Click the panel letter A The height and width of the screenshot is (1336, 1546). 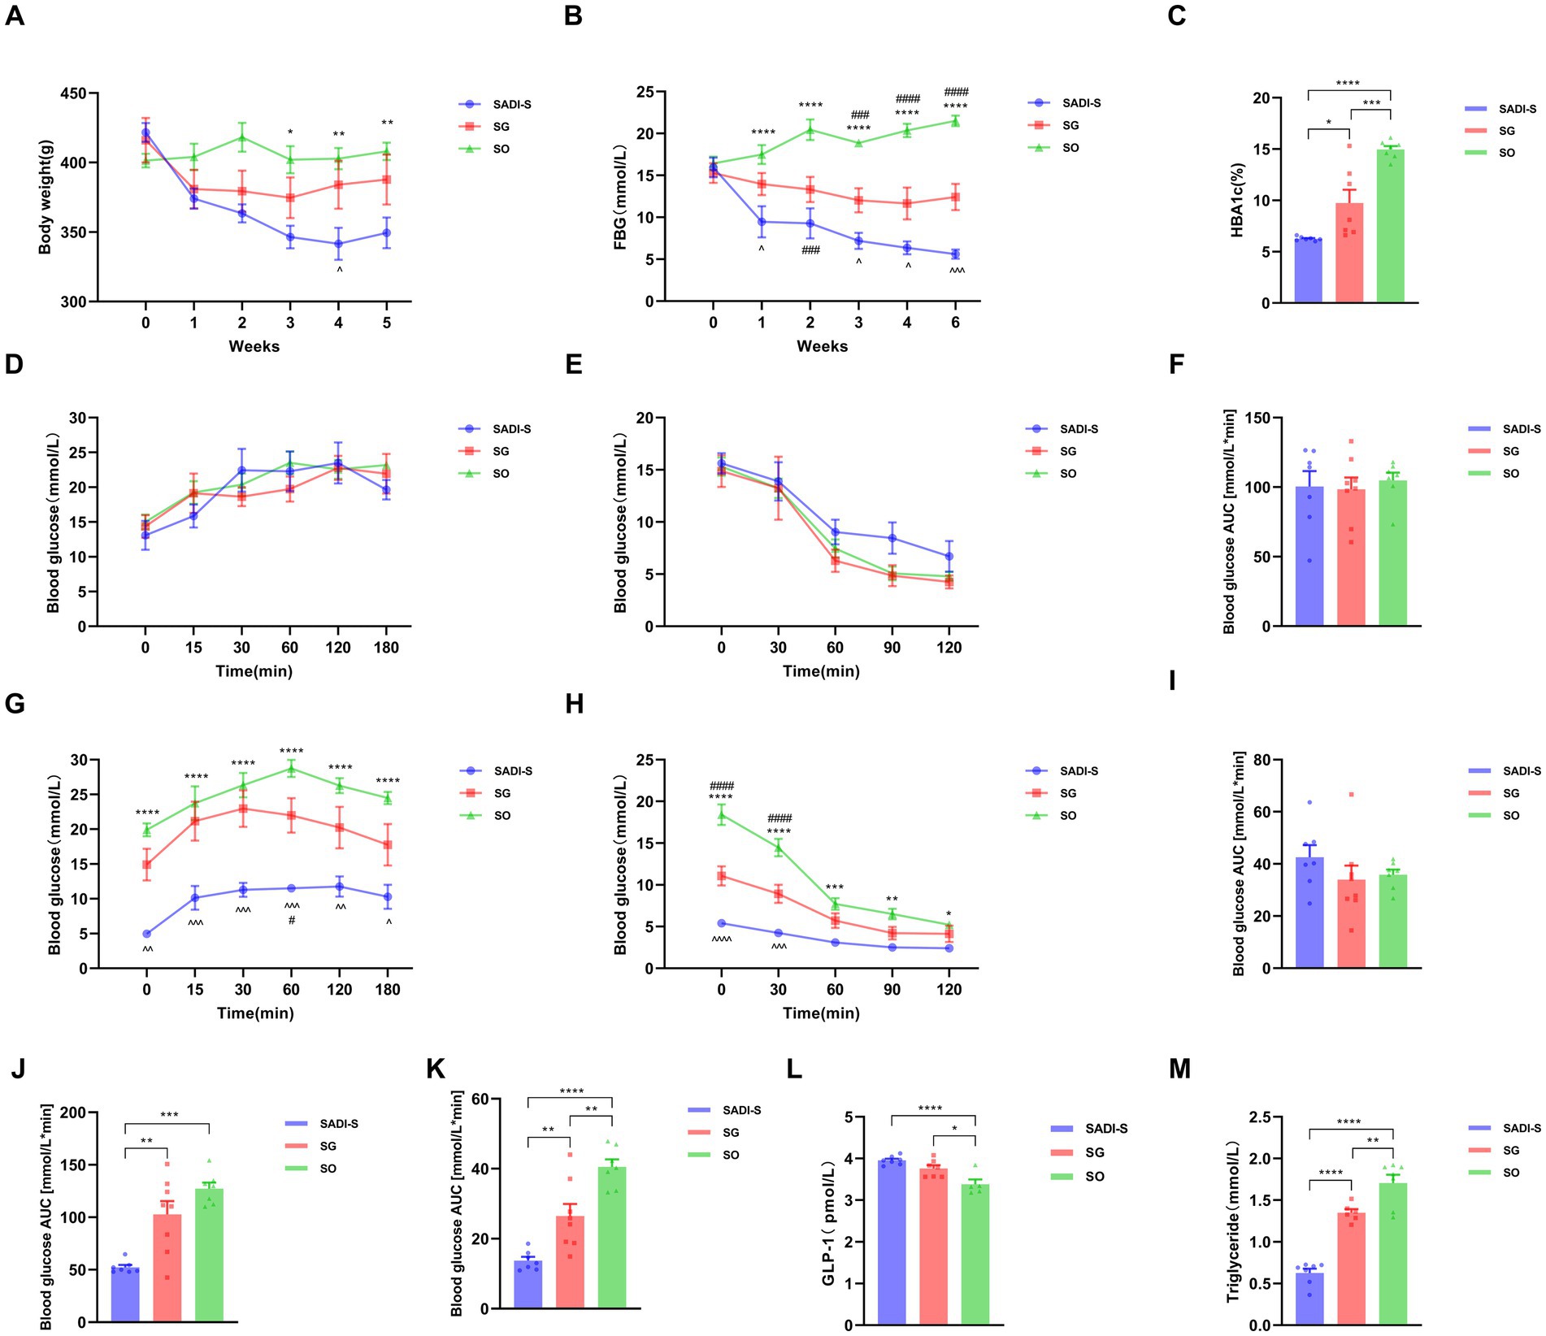point(15,15)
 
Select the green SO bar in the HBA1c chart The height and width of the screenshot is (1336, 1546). point(1391,228)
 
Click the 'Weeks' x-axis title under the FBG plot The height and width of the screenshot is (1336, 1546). point(822,346)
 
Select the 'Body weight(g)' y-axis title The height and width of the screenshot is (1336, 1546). point(45,197)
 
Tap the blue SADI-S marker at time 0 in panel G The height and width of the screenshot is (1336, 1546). point(147,934)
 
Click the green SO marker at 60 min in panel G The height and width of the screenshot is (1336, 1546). point(291,768)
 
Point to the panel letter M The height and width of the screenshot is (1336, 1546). point(1179,1069)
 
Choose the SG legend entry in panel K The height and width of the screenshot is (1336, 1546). point(730,1133)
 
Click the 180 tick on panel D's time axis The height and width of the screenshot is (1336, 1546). point(386,648)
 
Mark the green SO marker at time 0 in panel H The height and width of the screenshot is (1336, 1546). point(721,815)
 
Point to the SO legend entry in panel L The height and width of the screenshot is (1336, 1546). point(1094,1176)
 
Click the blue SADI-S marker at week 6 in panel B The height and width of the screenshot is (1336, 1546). point(955,254)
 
